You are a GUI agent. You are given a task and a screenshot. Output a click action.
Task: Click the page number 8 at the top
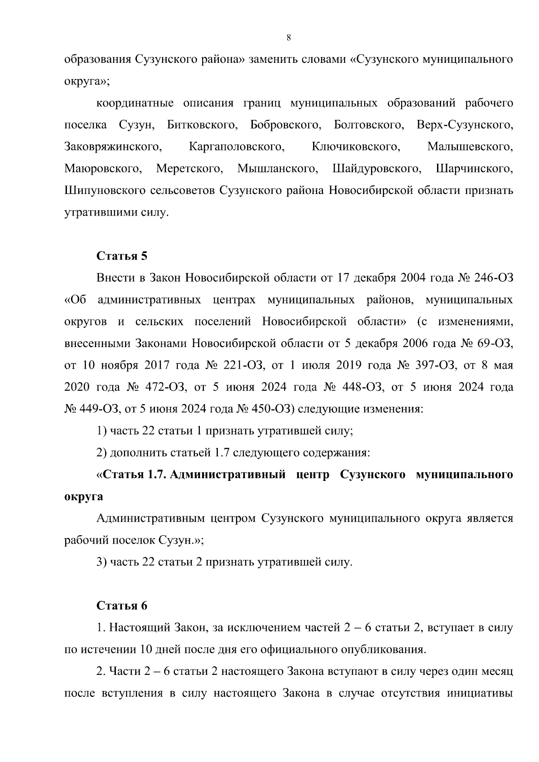point(288,38)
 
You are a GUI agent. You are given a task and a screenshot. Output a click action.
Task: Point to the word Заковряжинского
point(113,147)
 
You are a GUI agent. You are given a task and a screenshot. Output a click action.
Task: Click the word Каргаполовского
point(237,147)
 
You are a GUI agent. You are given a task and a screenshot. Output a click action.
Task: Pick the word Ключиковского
point(355,147)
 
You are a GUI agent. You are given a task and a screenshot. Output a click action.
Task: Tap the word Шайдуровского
point(376,169)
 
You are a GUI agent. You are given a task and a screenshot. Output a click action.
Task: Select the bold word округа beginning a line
point(84,497)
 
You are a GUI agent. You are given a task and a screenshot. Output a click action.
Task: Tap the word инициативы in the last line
point(480,693)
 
